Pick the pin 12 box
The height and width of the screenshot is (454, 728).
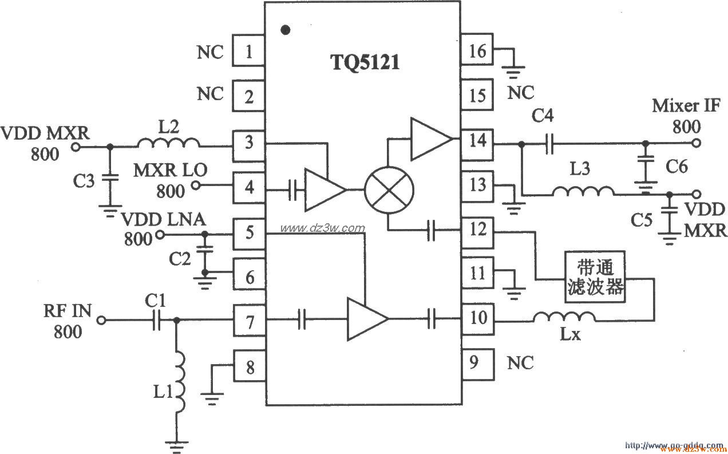coord(477,230)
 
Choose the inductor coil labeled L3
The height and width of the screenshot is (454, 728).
coord(583,191)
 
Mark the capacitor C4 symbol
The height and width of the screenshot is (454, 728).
coord(549,145)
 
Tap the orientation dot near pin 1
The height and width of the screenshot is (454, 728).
coord(287,29)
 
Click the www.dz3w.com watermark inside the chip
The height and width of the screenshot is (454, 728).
coord(322,228)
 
